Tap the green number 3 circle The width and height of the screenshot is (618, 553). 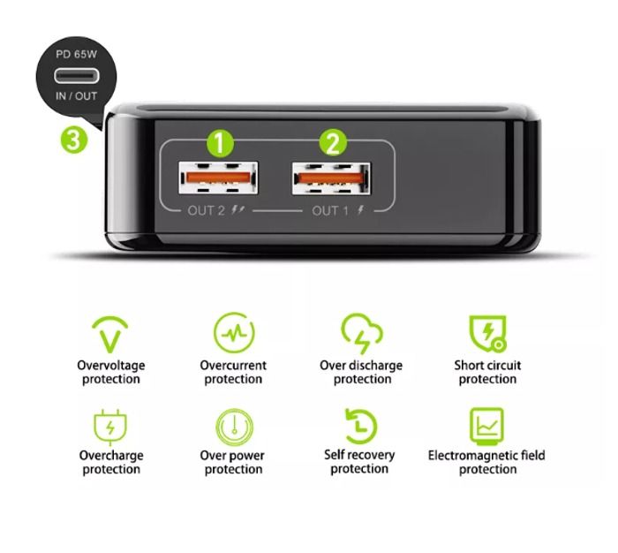pos(74,139)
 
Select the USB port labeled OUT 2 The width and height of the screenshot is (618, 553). pos(218,179)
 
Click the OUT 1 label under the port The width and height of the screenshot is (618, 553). pos(331,210)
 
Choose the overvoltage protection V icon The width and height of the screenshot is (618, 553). pos(111,334)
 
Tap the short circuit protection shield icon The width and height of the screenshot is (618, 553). pos(486,333)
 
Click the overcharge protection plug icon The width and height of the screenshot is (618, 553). pos(111,427)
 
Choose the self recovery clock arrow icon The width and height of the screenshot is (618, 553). pos(360,427)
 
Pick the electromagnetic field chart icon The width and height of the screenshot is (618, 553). pos(486,427)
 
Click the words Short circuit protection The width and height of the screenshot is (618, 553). pos(487,372)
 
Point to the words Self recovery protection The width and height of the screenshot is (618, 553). pos(360,462)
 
